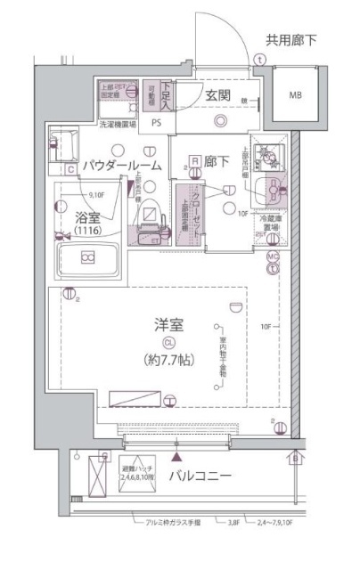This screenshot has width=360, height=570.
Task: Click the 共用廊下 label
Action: click(x=290, y=39)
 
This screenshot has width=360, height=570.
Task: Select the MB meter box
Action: click(x=291, y=95)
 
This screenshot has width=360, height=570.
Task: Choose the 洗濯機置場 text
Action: click(x=118, y=126)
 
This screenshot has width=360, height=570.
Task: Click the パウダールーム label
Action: click(x=123, y=166)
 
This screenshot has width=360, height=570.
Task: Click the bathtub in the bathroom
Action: click(x=87, y=259)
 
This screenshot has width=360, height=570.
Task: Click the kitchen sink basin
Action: click(x=267, y=186)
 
